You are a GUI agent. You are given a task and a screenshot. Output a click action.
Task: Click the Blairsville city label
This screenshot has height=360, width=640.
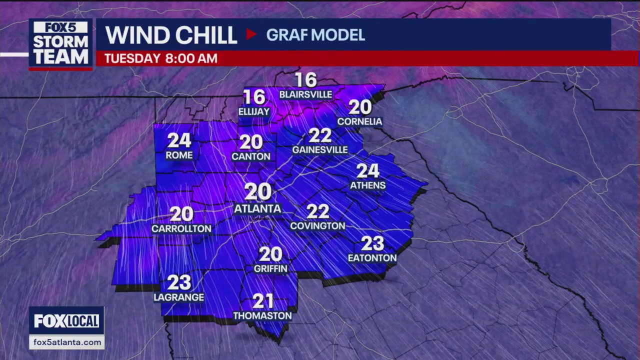pos(305,94)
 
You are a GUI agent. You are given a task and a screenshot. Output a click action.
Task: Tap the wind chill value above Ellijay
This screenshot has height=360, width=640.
pos(253,97)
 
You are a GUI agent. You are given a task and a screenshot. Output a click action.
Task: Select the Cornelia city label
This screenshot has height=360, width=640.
pos(359,121)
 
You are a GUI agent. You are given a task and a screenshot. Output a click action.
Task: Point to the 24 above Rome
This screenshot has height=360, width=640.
pos(179,140)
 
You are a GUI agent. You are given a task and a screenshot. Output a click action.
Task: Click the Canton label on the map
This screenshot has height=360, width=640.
pos(251,156)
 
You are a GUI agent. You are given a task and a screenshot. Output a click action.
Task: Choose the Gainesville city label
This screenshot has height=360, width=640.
pos(320,150)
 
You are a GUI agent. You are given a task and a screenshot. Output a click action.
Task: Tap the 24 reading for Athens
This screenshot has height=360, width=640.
pos(367,171)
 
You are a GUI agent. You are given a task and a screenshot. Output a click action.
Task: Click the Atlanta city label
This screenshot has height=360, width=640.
pos(257,208)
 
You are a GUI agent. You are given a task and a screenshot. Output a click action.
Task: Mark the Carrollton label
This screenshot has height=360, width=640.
pos(181,229)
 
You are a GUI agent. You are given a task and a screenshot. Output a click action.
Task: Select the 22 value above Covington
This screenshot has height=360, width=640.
pos(317,211)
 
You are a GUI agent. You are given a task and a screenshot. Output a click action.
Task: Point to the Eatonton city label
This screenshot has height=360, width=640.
pos(372,258)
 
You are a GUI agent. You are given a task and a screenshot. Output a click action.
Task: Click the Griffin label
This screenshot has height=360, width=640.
pos(270,268)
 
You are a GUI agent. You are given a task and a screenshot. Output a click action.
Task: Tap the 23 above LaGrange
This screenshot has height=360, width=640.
pos(179,282)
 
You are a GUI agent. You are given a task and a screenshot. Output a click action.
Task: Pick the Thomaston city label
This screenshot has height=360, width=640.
pos(262,316)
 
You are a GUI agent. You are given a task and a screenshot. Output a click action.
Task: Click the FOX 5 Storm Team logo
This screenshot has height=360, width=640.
pos(60,44)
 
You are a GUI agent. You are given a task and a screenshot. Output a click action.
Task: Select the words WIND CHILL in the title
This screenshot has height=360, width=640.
pos(171,35)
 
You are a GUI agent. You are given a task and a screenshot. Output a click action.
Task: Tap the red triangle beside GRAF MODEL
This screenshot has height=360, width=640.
pos(251,34)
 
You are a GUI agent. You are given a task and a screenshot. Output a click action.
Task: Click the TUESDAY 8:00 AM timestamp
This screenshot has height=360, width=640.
pos(160,58)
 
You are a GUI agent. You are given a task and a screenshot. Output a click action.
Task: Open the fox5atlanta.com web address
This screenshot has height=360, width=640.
pos(66,342)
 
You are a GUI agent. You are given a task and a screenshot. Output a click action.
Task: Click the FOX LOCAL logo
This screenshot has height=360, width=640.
pos(66,321)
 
